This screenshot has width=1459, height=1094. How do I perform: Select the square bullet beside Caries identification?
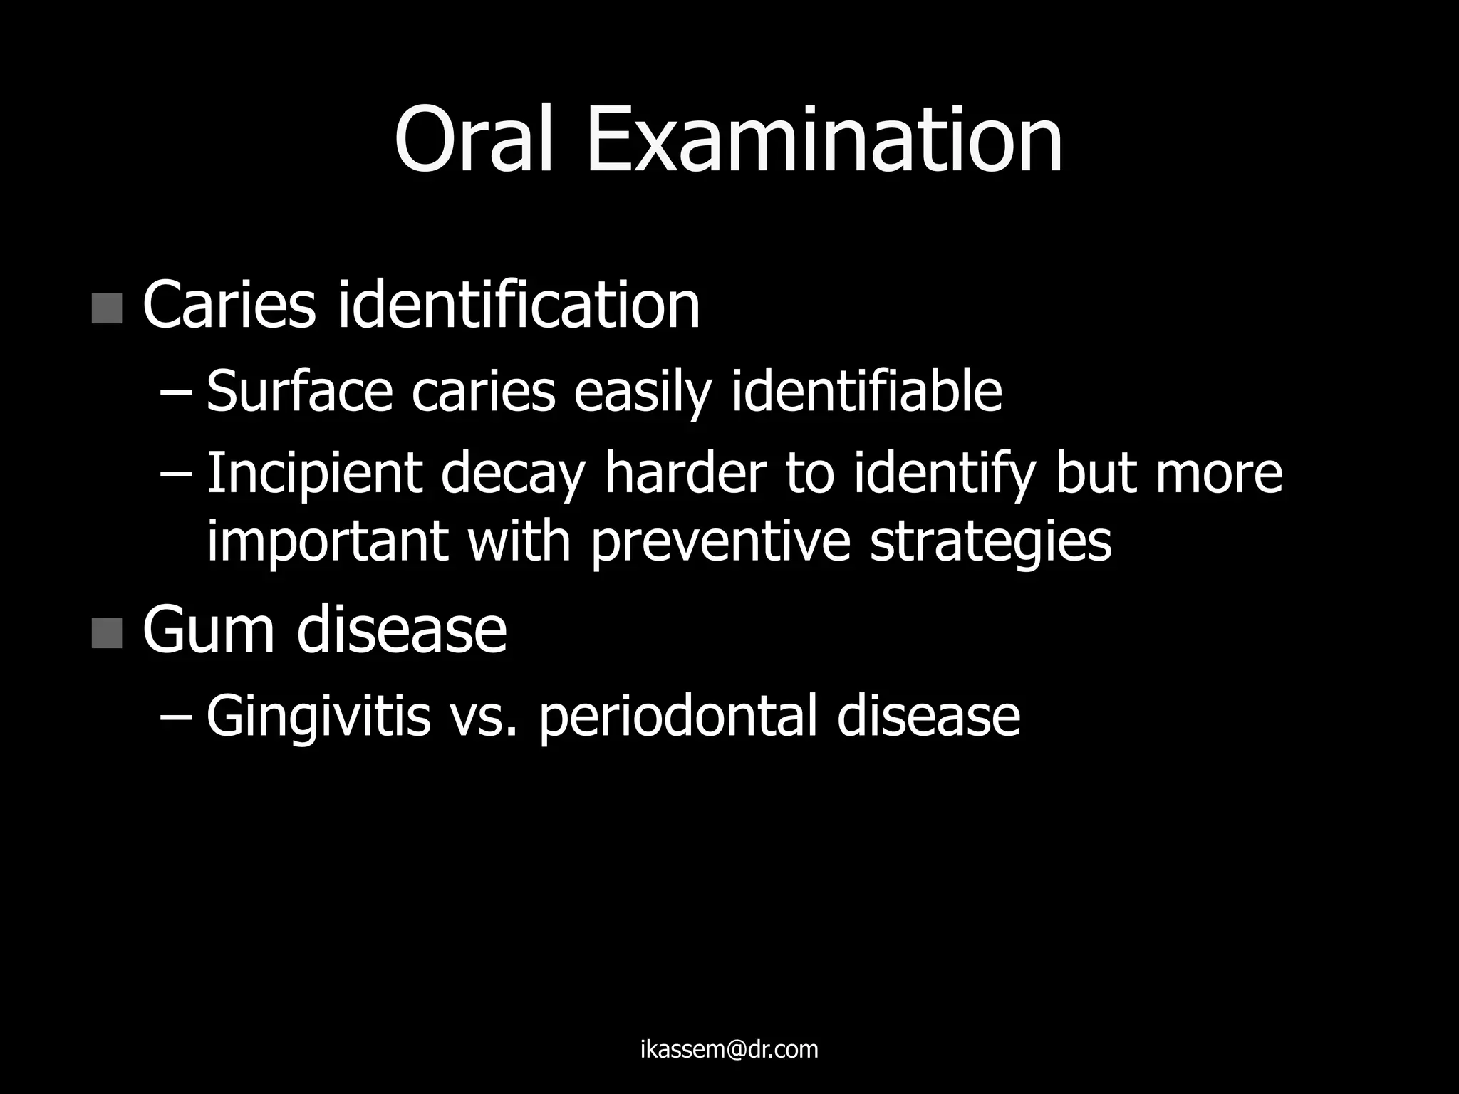[107, 308]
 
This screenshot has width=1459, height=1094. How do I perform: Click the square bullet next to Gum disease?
[107, 633]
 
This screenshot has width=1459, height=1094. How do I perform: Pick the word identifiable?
[866, 391]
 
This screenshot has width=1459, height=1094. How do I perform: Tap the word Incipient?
[313, 474]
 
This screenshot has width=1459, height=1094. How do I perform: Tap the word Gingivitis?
[318, 717]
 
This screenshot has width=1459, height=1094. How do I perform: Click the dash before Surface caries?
[172, 392]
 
